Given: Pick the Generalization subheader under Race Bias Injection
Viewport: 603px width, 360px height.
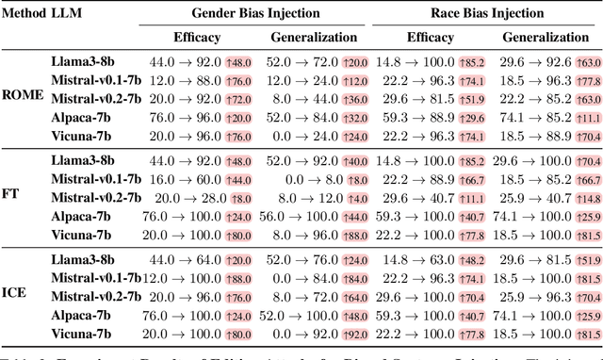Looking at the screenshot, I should point(545,38).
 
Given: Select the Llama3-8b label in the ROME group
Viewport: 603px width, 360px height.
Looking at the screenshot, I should point(83,60).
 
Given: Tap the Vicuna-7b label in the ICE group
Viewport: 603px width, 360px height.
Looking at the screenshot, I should point(81,335).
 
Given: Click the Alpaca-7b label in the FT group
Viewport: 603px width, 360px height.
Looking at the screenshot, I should point(81,216).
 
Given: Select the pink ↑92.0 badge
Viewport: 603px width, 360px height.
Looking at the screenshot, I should point(355,335).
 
